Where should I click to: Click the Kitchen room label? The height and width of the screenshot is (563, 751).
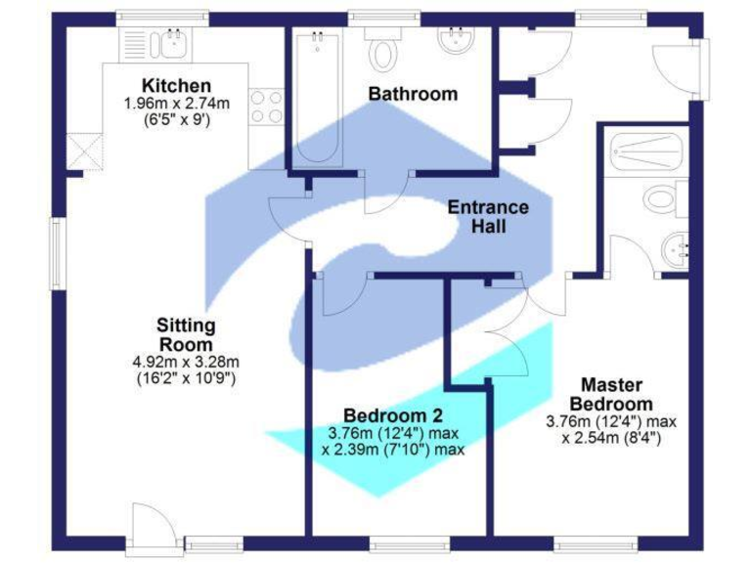pos(176,85)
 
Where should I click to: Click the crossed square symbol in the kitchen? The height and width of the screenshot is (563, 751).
pos(85,151)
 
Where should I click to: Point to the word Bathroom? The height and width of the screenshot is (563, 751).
pos(413,94)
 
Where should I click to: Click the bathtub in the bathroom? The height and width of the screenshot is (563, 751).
pos(315,98)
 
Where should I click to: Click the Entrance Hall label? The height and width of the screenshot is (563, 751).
pos(488,216)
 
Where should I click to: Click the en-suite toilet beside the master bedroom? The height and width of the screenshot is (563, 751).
pos(666,199)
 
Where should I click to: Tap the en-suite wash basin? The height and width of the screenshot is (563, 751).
pos(675,249)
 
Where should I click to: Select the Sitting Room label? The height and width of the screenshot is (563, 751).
pos(186,334)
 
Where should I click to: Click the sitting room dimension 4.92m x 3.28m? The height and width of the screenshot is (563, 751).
pos(186,362)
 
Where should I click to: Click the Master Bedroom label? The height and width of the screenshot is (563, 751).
pos(612,394)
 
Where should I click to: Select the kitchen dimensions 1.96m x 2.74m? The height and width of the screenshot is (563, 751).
pos(176,104)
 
